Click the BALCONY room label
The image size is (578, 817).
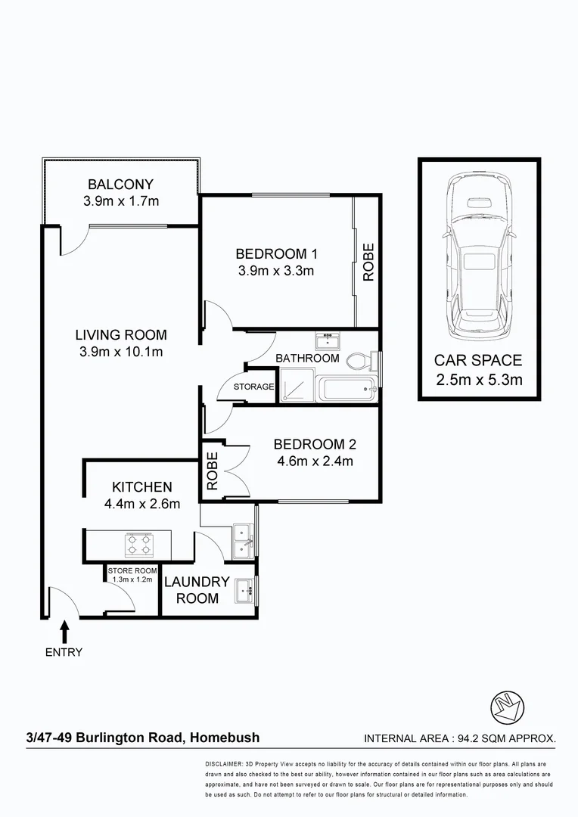coord(121,184)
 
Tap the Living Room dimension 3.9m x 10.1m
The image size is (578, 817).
coord(121,352)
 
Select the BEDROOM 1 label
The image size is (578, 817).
coord(275,253)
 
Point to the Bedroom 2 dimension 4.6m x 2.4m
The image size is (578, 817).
coord(314,461)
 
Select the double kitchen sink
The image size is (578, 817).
coord(243,540)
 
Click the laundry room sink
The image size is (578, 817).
coord(244,590)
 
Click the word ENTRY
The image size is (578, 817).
coord(64,652)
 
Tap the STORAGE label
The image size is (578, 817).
coord(253,387)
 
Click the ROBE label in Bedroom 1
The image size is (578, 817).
coord(368,262)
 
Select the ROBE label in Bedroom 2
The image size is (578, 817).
coord(213,471)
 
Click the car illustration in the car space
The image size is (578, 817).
coord(479,257)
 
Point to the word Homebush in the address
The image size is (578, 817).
coord(225,738)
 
